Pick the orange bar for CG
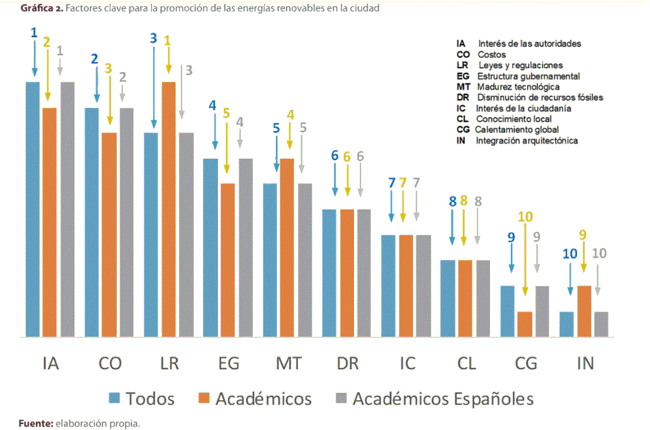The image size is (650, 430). click(x=524, y=324)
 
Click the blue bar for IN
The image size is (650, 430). click(x=567, y=324)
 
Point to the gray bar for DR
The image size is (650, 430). click(x=363, y=273)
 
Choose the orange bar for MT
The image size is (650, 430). click(x=287, y=248)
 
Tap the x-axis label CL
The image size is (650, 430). click(x=466, y=363)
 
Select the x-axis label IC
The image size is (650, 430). click(x=407, y=363)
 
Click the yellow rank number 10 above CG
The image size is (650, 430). click(x=525, y=217)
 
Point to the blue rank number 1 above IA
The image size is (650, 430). click(x=34, y=32)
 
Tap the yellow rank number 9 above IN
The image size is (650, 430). click(x=583, y=235)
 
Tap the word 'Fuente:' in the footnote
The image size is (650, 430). click(x=36, y=423)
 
